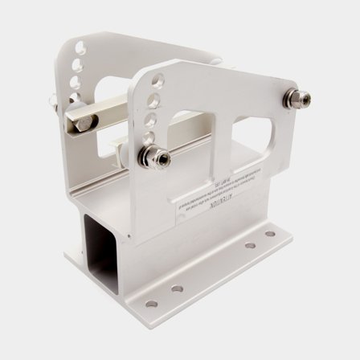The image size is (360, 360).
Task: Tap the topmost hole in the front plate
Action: point(157,80)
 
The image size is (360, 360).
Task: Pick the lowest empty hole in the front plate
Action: point(149,136)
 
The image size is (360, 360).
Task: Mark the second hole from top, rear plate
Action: point(79,65)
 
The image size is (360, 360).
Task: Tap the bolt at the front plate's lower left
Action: point(155,157)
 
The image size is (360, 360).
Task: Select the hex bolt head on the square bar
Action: point(84,122)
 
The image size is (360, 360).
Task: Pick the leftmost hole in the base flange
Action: point(151,304)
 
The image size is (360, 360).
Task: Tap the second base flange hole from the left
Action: point(177,288)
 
